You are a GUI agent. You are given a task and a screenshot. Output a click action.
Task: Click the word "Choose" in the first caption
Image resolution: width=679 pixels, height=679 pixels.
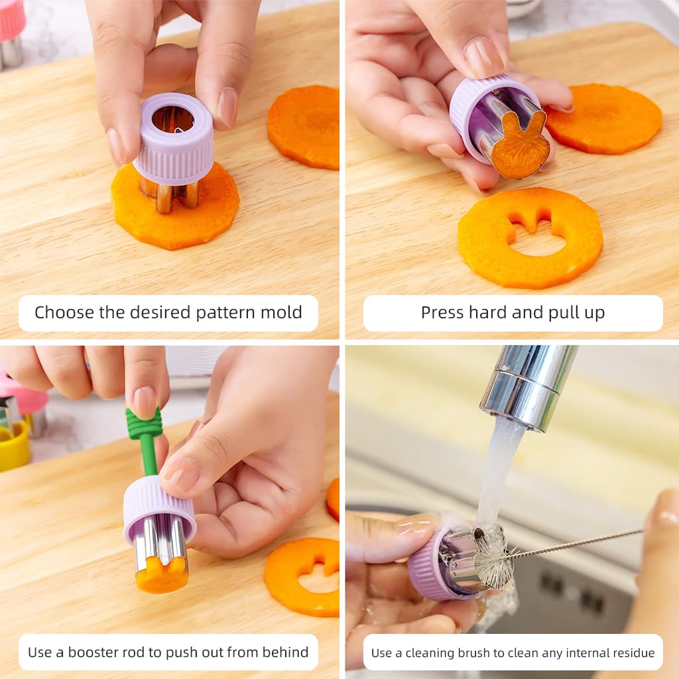tap(64, 313)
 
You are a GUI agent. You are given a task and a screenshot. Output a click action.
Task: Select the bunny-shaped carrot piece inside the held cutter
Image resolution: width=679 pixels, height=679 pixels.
tap(520, 144)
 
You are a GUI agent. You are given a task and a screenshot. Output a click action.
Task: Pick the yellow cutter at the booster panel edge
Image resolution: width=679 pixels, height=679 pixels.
tap(15, 447)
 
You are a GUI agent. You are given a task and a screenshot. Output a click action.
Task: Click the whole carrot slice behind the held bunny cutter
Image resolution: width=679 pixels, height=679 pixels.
tap(605, 119)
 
